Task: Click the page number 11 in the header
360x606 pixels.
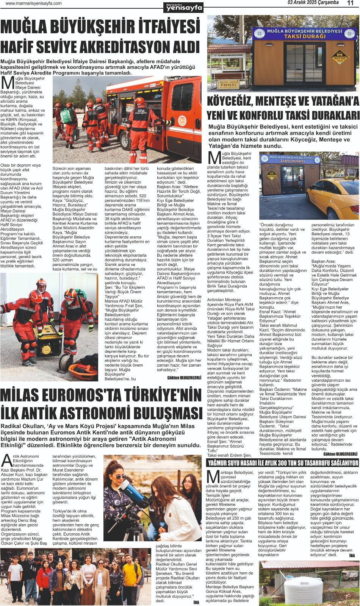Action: pos(350,3)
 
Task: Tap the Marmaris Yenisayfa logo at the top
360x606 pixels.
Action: pos(184,7)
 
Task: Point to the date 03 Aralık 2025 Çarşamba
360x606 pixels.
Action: pos(313,3)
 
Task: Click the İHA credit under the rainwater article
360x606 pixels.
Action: pos(352,556)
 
